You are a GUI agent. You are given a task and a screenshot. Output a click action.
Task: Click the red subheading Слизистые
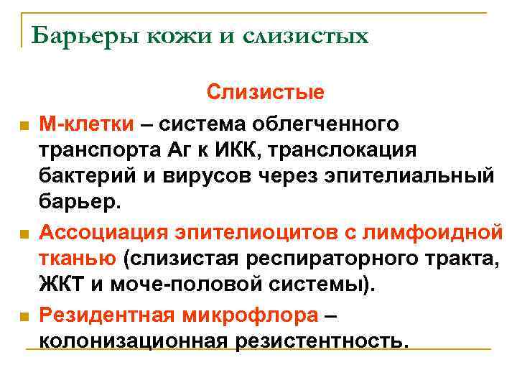point(266,93)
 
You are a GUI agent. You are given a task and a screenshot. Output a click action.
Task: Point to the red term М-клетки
point(86,124)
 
